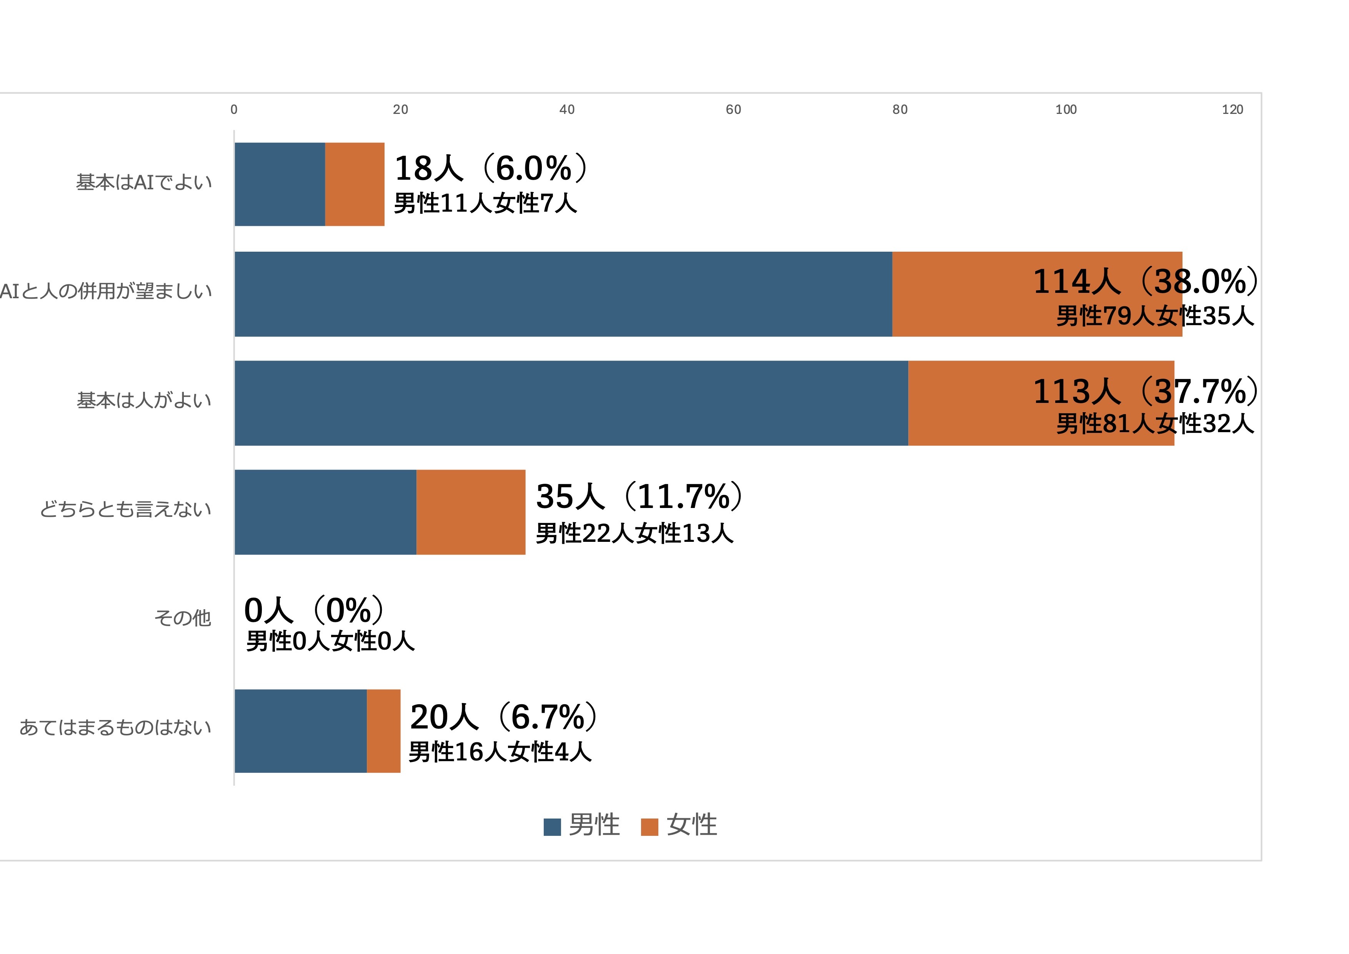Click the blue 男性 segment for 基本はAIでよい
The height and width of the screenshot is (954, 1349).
(280, 184)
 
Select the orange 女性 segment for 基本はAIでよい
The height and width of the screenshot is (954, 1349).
(355, 184)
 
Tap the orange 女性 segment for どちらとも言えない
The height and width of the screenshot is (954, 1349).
(471, 512)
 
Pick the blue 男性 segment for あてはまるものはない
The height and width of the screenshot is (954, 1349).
(301, 731)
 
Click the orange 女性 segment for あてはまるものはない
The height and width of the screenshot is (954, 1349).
(384, 731)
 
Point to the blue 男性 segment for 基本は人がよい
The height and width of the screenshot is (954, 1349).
(571, 403)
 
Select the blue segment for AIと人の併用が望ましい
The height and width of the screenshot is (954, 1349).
(563, 294)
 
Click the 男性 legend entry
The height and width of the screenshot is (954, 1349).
(582, 825)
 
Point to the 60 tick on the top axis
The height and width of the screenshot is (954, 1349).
(733, 109)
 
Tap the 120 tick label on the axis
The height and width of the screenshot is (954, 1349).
(1232, 109)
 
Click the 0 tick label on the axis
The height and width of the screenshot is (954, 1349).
(234, 109)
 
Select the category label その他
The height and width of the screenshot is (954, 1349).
(182, 618)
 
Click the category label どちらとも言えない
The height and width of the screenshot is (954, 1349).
(125, 509)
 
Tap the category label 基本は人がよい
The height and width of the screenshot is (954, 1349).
(144, 400)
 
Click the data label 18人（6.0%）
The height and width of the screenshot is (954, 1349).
(491, 168)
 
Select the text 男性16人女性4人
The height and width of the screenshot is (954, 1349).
(500, 752)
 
